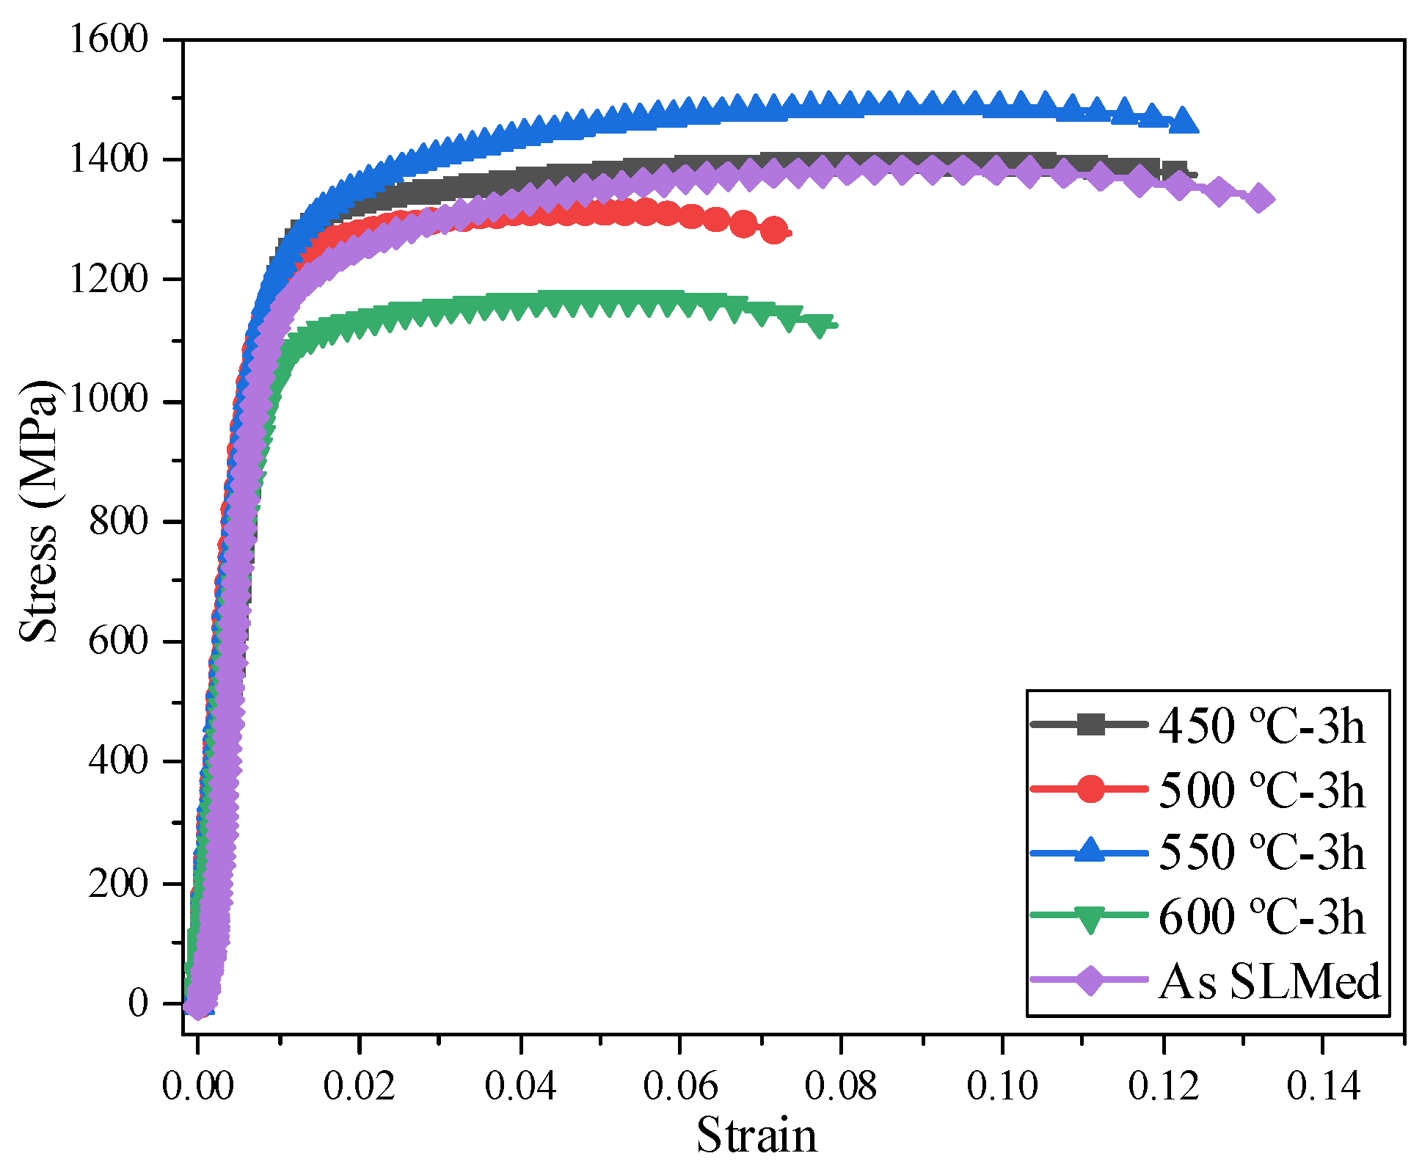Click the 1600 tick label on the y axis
109,38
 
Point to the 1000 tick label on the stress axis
109,399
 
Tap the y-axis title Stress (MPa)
38,512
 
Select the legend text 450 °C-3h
1262,727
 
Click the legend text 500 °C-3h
1262,790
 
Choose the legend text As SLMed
1269,981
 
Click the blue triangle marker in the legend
1090,851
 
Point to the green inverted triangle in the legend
1090,917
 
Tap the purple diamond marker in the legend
1090,980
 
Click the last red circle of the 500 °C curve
774,230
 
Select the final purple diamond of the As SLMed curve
1260,198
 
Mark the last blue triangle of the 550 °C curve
1183,120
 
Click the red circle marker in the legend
1090,788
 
